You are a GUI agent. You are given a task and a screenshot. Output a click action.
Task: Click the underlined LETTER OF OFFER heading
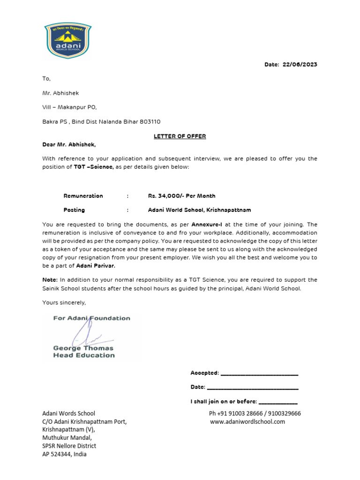[x=180, y=136]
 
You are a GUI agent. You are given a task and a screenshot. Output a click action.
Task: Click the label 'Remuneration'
[x=83, y=196]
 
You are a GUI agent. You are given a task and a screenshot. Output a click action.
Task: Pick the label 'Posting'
[x=74, y=210]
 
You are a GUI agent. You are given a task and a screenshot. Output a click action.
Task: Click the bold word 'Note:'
[x=50, y=280]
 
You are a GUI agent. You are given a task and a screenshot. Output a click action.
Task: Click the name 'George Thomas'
[x=83, y=348]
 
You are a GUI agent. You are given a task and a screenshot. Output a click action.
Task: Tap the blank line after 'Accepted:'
[x=259, y=373]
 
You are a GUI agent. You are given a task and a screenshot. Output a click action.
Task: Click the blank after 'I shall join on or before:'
[x=277, y=402]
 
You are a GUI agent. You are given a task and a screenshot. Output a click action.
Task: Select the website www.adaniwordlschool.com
[x=247, y=422]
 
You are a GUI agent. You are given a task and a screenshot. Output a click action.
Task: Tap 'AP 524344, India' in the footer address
[x=64, y=454]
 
